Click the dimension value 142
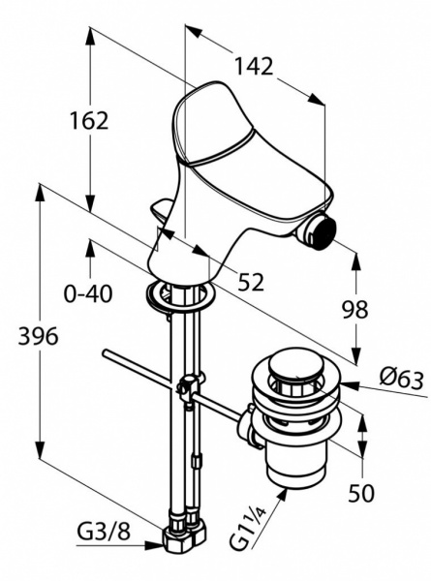(254, 67)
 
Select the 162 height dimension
(89, 121)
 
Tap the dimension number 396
(38, 336)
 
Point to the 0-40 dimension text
(88, 293)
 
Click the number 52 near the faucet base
(251, 282)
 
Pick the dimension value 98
(355, 310)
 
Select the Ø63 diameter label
(401, 379)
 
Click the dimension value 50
(361, 493)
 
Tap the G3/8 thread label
(104, 532)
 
